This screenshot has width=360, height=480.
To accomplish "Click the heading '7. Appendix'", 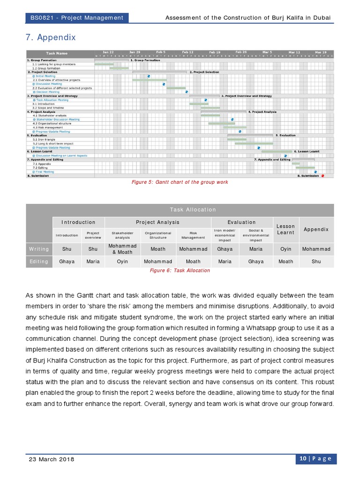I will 50,37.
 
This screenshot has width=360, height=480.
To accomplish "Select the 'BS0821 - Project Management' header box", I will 76,18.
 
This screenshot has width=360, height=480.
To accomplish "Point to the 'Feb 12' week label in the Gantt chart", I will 188,52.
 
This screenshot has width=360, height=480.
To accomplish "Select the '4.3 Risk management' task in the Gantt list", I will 47,127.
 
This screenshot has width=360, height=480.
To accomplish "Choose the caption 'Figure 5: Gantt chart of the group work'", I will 180,182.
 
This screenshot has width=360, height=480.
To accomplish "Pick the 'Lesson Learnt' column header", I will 285,229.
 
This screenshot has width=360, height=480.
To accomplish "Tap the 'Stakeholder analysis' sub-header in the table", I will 122,235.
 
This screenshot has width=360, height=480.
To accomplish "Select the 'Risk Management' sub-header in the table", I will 193,235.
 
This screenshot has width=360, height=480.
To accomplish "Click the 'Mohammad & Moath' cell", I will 122,249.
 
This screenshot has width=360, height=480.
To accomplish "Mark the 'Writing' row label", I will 39,249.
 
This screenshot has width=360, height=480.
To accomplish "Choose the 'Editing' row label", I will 39,262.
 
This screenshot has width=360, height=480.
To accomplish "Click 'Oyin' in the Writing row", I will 285,249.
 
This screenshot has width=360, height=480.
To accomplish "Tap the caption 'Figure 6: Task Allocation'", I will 180,270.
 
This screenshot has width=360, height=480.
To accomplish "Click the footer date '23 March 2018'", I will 52,459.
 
